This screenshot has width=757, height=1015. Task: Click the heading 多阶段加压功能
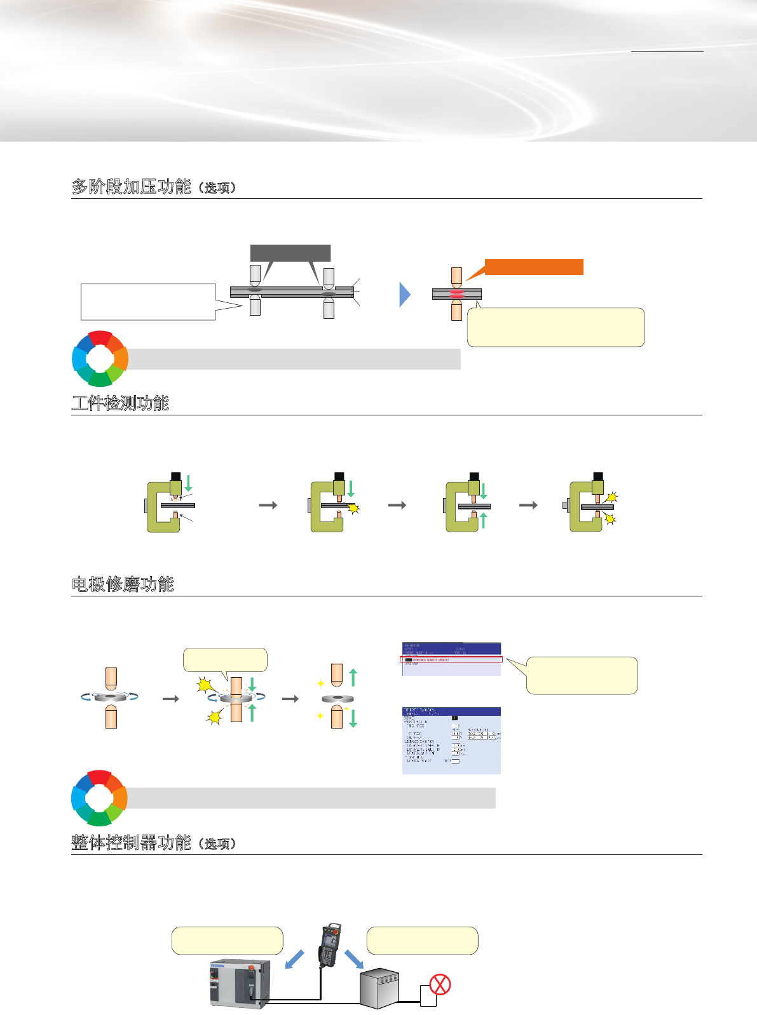click(132, 187)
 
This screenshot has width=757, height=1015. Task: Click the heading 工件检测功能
click(120, 403)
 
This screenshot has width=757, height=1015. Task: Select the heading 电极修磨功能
click(123, 584)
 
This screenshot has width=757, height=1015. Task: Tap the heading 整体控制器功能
click(132, 843)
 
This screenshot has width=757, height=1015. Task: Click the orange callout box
click(534, 267)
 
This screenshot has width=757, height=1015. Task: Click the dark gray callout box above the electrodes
click(290, 253)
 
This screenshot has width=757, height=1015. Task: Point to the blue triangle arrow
click(405, 294)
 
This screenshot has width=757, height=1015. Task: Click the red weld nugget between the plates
click(456, 294)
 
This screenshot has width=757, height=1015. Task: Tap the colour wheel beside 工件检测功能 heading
click(100, 358)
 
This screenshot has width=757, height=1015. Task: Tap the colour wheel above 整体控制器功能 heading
click(99, 798)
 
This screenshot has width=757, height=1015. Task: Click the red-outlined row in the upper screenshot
click(451, 660)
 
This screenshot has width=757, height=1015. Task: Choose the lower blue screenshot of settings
click(451, 741)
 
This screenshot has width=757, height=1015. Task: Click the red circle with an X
click(440, 985)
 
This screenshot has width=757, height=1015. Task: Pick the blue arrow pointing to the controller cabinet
click(294, 959)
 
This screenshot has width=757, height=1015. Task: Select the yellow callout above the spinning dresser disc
click(225, 660)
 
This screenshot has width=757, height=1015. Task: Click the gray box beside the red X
click(380, 988)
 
